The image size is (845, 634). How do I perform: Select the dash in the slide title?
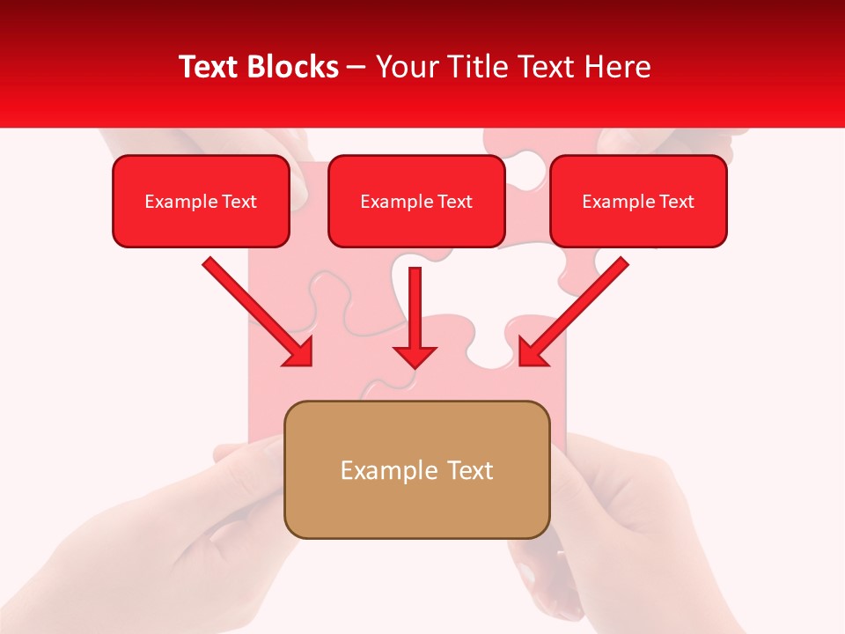coord(356,68)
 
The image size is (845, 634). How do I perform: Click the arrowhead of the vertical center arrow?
coord(415,356)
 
